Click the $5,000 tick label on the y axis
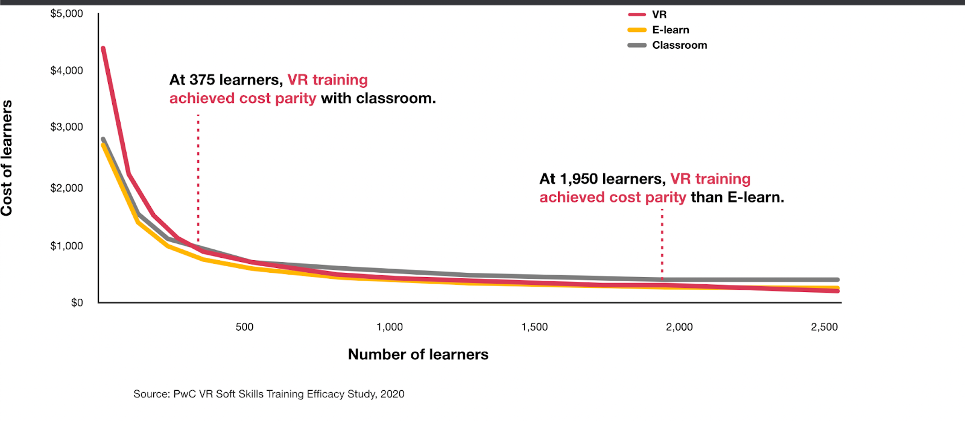(x=66, y=14)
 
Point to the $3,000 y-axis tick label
(x=66, y=127)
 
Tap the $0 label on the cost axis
(x=77, y=302)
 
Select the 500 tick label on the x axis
(x=244, y=327)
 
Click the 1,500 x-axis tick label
(x=534, y=327)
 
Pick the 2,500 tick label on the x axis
(x=824, y=327)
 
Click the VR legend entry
(x=659, y=14)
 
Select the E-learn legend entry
(x=670, y=30)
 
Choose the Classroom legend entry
(x=679, y=45)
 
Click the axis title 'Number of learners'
(x=418, y=354)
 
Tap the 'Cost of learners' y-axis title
(x=7, y=158)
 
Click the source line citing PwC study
(x=268, y=394)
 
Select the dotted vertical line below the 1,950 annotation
(x=662, y=244)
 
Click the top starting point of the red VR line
(x=103, y=48)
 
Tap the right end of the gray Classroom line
(x=837, y=279)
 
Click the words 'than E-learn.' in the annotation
(x=737, y=198)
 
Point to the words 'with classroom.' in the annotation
(x=378, y=99)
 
